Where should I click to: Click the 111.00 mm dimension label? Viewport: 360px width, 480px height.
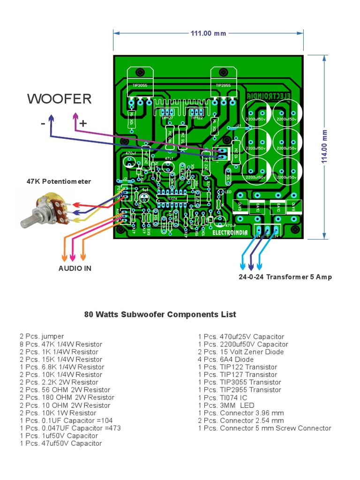tap(208, 33)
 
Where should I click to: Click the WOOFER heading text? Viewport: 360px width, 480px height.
tap(59, 99)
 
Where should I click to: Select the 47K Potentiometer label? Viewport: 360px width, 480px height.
tap(59, 181)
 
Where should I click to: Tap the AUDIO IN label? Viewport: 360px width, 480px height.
tap(75, 268)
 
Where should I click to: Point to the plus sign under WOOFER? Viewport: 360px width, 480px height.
tap(83, 123)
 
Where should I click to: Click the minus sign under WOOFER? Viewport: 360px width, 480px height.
tap(43, 123)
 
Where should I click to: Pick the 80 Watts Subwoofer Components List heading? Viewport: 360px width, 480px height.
tap(160, 315)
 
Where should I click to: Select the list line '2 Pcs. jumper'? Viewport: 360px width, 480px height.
tap(42, 337)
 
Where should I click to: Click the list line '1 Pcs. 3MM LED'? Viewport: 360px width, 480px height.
tap(228, 405)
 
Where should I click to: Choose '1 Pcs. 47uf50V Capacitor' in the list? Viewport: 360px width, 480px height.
tap(60, 443)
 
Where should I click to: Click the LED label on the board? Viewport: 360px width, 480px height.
tap(228, 192)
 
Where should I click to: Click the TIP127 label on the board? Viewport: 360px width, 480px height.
tap(168, 119)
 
